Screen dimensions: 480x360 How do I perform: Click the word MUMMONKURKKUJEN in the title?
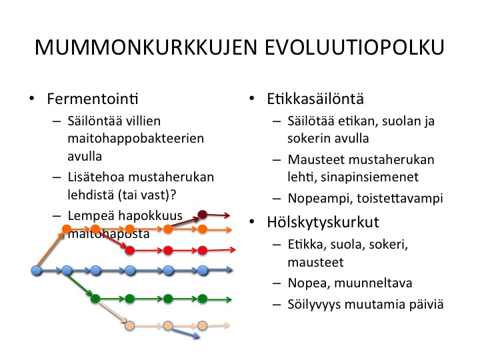pyautogui.click(x=146, y=47)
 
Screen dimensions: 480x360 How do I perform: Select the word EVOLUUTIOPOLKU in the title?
pyautogui.click(x=355, y=47)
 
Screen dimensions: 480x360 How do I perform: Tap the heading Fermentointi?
pyautogui.click(x=93, y=99)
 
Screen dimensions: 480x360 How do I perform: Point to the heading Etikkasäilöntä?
pyautogui.click(x=315, y=99)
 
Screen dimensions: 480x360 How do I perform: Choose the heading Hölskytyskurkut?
pyautogui.click(x=323, y=222)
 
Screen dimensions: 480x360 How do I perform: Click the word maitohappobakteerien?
pyautogui.click(x=135, y=139)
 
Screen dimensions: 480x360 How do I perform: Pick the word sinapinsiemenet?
pyautogui.click(x=369, y=177)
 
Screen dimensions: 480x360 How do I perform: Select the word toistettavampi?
pyautogui.click(x=400, y=199)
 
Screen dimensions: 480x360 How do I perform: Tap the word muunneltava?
pyautogui.click(x=373, y=283)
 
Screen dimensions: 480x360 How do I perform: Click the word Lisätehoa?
pyautogui.click(x=95, y=177)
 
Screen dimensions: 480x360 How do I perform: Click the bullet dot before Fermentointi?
pyautogui.click(x=31, y=99)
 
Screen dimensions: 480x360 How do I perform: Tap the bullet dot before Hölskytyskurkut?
pyautogui.click(x=251, y=221)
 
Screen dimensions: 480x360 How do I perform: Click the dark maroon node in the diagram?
pyautogui.click(x=203, y=215)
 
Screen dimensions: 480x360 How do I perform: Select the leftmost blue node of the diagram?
pyautogui.click(x=37, y=271)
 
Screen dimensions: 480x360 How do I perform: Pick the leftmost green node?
pyautogui.click(x=95, y=299)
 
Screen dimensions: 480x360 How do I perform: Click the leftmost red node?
pyautogui.click(x=130, y=251)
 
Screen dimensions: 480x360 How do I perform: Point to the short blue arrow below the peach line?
pyautogui.click(x=186, y=334)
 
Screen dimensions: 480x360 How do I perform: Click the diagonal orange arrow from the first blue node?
pyautogui.click(x=50, y=249)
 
